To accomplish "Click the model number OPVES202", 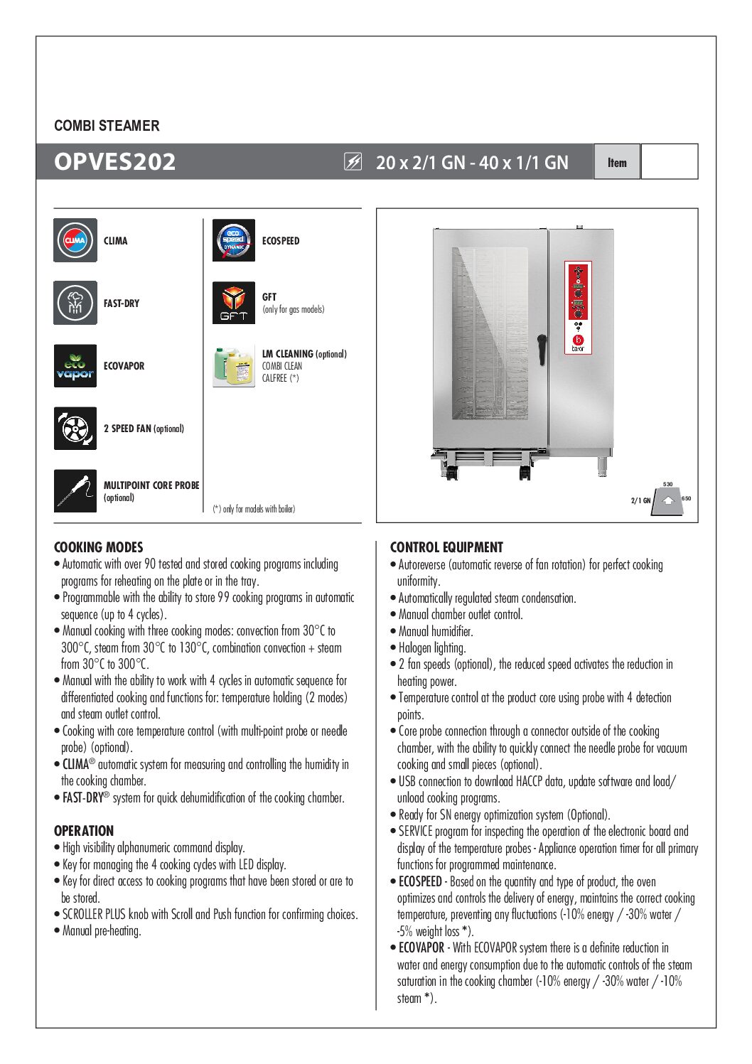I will [114, 162].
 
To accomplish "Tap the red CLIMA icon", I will [75, 240].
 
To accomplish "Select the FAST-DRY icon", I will [75, 303].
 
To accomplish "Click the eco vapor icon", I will [75, 365].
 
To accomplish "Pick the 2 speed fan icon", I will [75, 428].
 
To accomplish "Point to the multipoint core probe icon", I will [75, 490].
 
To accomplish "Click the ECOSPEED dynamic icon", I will [234, 240].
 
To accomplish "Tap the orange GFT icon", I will [234, 303].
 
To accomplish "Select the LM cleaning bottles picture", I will [234, 365].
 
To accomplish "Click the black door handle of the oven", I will [542, 350].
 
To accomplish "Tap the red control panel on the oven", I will [578, 291].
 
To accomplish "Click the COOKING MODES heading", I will [98, 547].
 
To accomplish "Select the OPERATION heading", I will [84, 831].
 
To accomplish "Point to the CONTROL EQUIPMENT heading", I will [446, 547].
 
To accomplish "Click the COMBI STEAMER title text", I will [107, 126].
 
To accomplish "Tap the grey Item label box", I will [617, 162].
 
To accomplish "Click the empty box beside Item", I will [669, 162].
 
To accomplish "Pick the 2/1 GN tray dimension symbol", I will [667, 500].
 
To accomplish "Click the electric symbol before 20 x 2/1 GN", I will [353, 162].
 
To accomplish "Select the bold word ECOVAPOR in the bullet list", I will [421, 947].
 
